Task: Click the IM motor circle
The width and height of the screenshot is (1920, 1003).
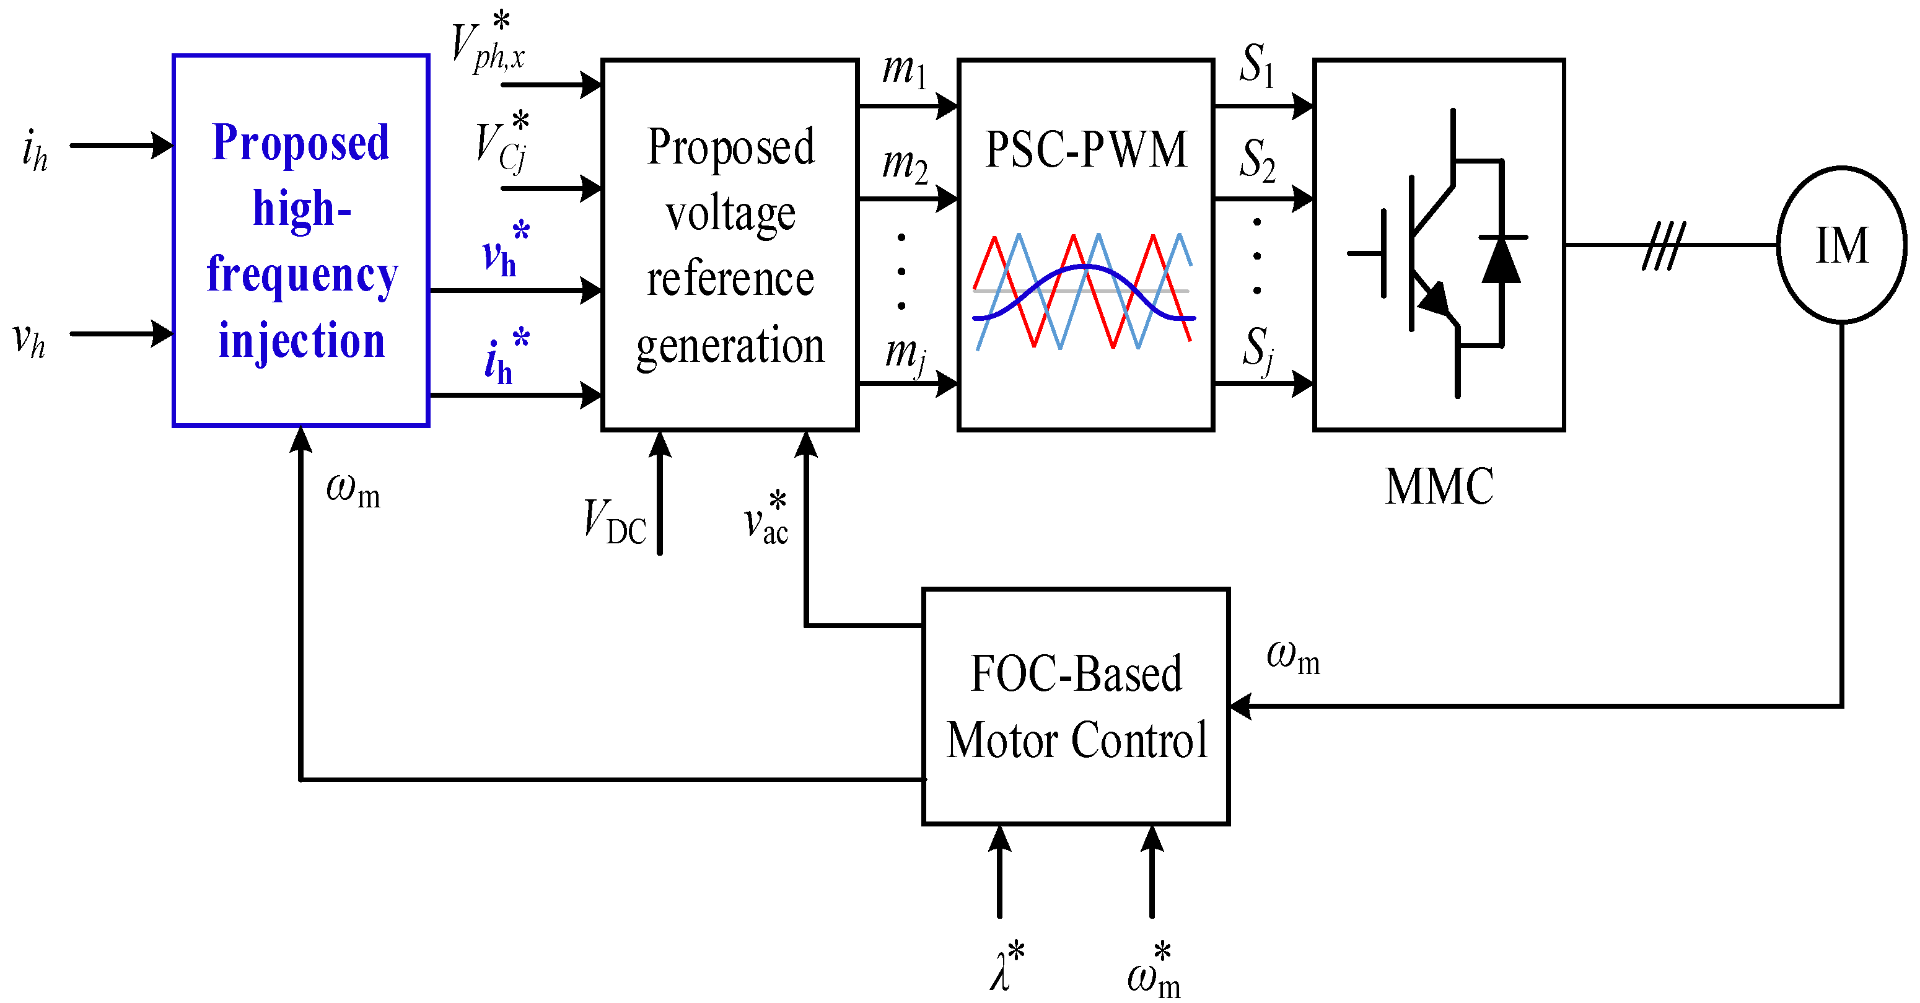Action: (1841, 245)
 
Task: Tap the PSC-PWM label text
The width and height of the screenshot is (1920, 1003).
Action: (1085, 150)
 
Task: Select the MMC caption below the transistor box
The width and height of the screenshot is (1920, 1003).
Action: (1439, 488)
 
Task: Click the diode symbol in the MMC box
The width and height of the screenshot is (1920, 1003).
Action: (1501, 261)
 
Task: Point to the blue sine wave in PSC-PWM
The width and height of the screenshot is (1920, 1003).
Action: (1085, 268)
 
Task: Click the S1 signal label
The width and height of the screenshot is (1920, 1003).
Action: (1256, 66)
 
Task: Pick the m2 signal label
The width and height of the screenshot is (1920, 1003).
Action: (905, 165)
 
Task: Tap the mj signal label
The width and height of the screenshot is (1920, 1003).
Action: (905, 353)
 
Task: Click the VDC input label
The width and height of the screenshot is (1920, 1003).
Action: (614, 522)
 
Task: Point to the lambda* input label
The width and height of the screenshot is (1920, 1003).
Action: (1006, 967)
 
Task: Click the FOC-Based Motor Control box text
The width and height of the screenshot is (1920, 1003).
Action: (1076, 706)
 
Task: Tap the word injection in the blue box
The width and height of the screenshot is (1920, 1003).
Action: (301, 341)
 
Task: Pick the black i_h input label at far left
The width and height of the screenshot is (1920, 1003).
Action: (34, 150)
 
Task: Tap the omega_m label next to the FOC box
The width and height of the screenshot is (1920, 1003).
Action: (1292, 657)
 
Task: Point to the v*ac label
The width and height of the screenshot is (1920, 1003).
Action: (766, 519)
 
